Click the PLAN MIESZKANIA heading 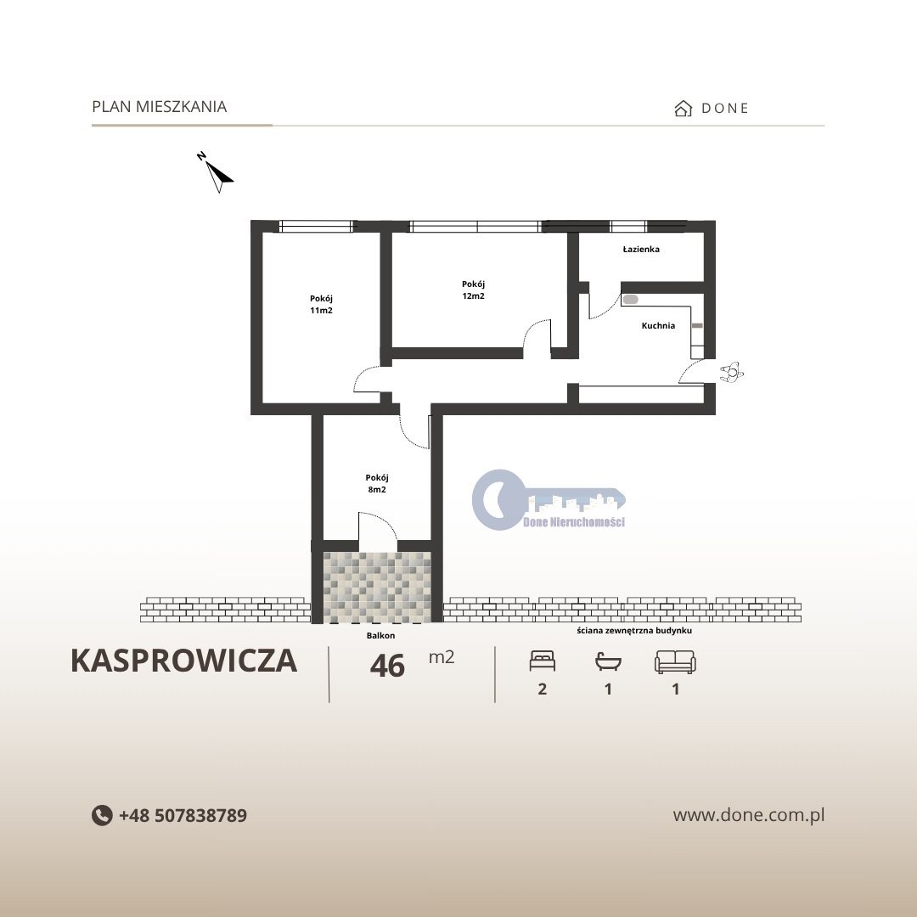tap(159, 106)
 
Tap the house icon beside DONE tap(683, 108)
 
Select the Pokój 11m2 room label tap(321, 304)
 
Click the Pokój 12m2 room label tap(473, 290)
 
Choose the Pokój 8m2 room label tap(377, 484)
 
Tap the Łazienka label tap(641, 249)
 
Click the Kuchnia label tap(658, 325)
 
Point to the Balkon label tap(380, 635)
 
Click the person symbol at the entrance tap(731, 372)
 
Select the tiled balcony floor tap(377, 588)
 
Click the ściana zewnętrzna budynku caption tap(634, 630)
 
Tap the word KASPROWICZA tap(183, 661)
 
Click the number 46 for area tap(387, 666)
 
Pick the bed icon tap(542, 661)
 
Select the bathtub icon tap(608, 661)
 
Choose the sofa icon tap(675, 662)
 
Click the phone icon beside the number tap(102, 815)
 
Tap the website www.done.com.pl tap(749, 814)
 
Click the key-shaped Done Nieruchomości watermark tap(549, 500)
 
